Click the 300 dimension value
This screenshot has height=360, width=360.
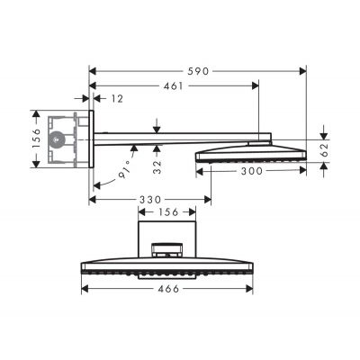click(x=254, y=172)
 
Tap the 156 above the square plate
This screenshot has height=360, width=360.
click(x=166, y=214)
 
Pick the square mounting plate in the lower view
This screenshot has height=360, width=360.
click(x=166, y=232)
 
